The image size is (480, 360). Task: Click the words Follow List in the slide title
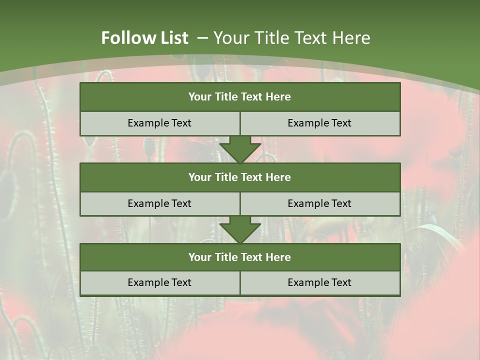[x=144, y=38]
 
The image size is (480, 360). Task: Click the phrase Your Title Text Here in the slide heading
[x=291, y=38]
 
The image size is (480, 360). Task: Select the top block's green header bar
[x=240, y=97]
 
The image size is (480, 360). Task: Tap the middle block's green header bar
[x=240, y=177]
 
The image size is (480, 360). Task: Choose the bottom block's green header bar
[x=240, y=257]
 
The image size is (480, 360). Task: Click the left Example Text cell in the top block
[x=159, y=123]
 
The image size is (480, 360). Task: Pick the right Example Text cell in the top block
[x=319, y=123]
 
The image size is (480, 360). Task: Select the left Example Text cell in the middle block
[x=159, y=203]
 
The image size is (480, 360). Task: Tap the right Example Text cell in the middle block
[x=319, y=203]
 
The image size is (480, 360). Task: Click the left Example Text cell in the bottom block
[x=159, y=282]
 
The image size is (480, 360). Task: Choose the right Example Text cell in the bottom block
[x=319, y=282]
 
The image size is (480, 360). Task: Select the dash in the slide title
[x=202, y=38]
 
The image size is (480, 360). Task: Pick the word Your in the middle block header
[x=199, y=177]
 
